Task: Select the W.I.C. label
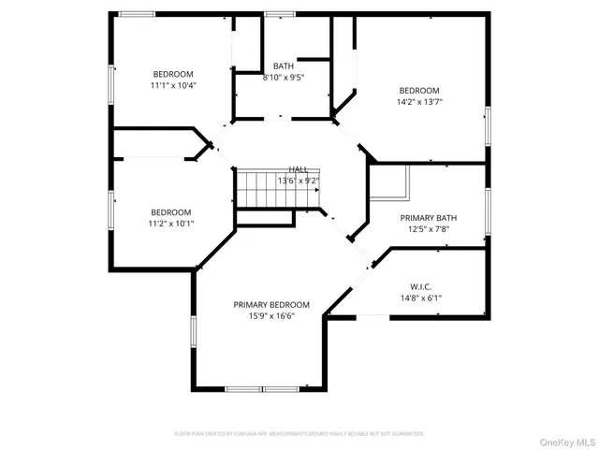point(420,286)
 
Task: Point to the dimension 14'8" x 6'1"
point(420,298)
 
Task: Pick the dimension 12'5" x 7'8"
point(428,229)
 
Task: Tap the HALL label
point(298,168)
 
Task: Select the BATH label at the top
point(284,65)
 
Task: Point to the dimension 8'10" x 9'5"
point(284,78)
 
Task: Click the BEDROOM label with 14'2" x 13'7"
point(419,91)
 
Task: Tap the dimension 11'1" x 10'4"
point(173,86)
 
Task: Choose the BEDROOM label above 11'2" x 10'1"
point(171,212)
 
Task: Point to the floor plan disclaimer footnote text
point(299,433)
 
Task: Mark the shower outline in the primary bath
point(389,182)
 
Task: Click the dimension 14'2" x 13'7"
point(419,103)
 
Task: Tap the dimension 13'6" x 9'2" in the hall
point(298,181)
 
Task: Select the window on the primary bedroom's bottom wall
point(261,388)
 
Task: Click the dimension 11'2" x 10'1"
point(171,224)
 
